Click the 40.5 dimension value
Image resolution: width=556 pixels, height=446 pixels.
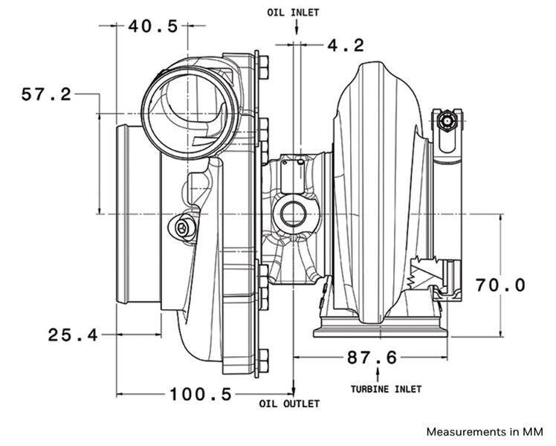[x=153, y=27]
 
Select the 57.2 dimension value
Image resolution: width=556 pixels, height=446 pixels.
[x=46, y=94]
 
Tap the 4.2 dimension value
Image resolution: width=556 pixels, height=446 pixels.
[x=346, y=45]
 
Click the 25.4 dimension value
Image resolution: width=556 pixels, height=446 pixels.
[x=73, y=335]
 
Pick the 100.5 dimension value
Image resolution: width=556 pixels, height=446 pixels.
[x=201, y=394]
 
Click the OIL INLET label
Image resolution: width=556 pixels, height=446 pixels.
[x=296, y=13]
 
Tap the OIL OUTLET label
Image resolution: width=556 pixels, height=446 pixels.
[x=289, y=404]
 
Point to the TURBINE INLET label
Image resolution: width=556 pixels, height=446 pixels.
[x=386, y=389]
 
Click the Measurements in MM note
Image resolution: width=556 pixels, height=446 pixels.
[x=485, y=431]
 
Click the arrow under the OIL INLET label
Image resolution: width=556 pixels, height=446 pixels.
[x=296, y=28]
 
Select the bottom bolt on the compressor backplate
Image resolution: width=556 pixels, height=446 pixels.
[x=263, y=361]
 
